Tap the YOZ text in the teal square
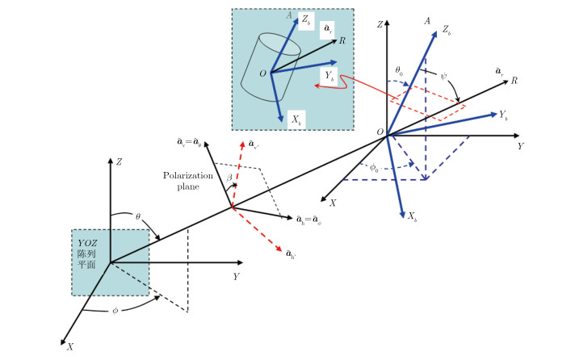click(x=89, y=242)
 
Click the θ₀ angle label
click(x=401, y=72)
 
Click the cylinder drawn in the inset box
click(x=272, y=66)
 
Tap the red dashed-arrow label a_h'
click(x=291, y=255)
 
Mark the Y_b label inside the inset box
click(x=329, y=74)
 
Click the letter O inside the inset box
click(x=262, y=73)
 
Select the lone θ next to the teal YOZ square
click(x=139, y=217)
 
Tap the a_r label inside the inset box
click(x=328, y=29)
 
